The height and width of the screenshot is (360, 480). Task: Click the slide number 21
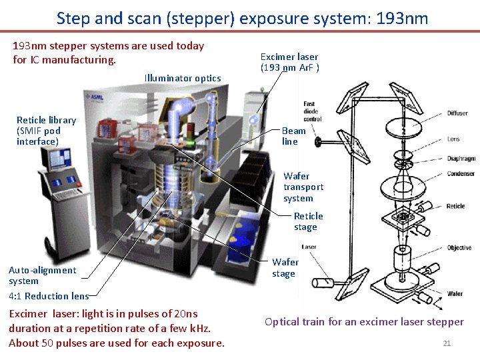(x=447, y=343)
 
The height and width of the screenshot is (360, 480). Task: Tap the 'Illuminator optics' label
(x=183, y=78)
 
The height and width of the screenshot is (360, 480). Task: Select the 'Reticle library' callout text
(x=46, y=131)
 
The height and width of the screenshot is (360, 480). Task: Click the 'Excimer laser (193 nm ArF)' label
(x=289, y=62)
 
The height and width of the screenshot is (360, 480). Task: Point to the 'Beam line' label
(x=293, y=136)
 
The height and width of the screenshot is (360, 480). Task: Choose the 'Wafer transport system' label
(x=303, y=187)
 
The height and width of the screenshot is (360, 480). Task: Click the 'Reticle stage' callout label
(x=308, y=221)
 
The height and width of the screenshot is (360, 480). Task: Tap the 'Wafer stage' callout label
(x=285, y=268)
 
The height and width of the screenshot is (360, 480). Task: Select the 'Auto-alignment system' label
(x=43, y=275)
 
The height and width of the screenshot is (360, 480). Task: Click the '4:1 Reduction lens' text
(x=49, y=296)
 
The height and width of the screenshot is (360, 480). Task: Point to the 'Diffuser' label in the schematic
(x=457, y=113)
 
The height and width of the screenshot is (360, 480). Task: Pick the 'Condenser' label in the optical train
(x=460, y=174)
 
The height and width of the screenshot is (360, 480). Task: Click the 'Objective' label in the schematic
(x=459, y=248)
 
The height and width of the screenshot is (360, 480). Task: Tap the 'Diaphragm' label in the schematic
(x=461, y=159)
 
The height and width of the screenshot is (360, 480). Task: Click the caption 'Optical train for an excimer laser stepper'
(x=364, y=322)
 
